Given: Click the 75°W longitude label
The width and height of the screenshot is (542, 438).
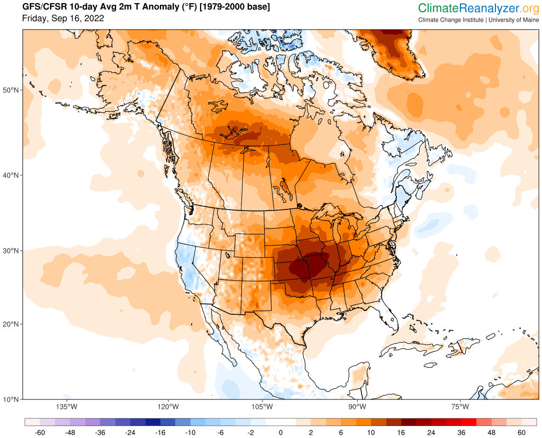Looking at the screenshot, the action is (x=460, y=407).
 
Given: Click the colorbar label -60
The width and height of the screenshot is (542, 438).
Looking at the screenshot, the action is (x=40, y=433).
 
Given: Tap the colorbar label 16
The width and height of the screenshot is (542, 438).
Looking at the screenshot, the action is (x=401, y=433).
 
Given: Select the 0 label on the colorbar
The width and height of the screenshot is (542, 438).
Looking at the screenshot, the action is (x=281, y=433).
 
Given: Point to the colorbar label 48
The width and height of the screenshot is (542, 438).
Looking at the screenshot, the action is (x=491, y=433).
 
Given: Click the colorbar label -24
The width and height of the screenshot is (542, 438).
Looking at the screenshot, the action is (x=130, y=433).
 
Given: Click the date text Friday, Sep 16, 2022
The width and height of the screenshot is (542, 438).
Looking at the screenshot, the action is (x=63, y=19).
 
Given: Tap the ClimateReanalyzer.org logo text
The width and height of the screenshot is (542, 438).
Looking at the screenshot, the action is (x=478, y=8).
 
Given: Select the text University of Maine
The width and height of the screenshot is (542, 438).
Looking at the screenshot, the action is (x=513, y=20).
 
